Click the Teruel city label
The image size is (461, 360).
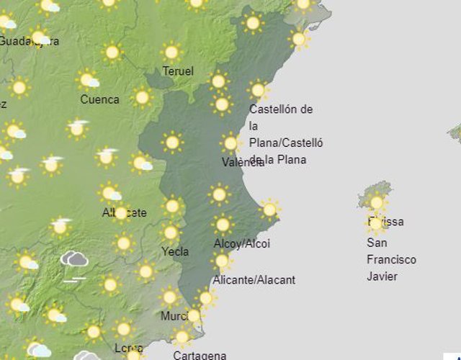point(178,71)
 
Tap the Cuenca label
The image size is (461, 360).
point(99,99)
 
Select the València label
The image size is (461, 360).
point(243,163)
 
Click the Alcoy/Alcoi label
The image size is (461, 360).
point(241,243)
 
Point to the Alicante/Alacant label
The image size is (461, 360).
point(254,279)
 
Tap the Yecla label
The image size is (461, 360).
point(176,251)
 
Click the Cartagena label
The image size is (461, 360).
point(200,355)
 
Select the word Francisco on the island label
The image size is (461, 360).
point(391,259)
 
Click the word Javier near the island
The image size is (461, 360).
point(382,276)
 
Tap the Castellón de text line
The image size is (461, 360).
point(281,109)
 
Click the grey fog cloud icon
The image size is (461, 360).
point(74,261)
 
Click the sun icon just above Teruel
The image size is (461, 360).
point(171,52)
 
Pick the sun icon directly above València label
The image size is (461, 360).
point(230,143)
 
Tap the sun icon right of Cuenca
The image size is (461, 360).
point(142,97)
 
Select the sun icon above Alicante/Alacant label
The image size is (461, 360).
point(222,261)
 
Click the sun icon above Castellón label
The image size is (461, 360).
point(258,90)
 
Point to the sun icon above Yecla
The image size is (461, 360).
point(171,232)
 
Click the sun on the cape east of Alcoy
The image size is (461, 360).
point(269,210)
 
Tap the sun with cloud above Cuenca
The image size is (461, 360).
point(88,79)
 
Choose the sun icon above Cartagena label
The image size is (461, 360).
point(182,336)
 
